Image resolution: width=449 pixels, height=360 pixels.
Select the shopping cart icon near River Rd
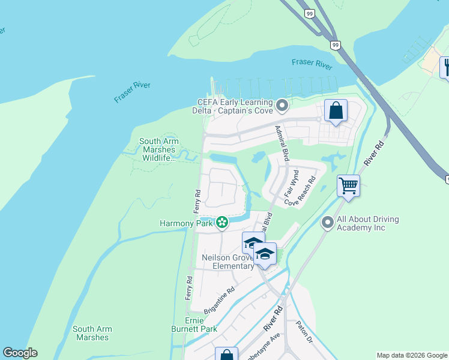click(348, 185)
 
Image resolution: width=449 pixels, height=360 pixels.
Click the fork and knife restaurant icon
click(445, 66)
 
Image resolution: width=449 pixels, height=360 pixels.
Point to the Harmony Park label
click(185, 223)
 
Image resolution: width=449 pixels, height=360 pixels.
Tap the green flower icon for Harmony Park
click(222, 223)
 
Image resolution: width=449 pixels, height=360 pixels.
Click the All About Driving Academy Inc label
click(367, 223)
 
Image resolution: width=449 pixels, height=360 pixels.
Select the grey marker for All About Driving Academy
click(327, 223)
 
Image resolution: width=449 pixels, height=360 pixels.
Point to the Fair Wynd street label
click(291, 184)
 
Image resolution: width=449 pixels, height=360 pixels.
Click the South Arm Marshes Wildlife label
click(157, 150)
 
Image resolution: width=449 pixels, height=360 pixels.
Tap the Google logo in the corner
click(20, 353)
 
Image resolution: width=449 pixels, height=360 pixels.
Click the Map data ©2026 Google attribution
click(411, 355)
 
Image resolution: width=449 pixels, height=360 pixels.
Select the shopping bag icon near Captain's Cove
click(336, 111)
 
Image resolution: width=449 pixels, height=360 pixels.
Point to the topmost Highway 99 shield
click(309, 14)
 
